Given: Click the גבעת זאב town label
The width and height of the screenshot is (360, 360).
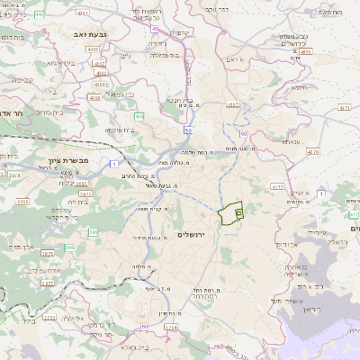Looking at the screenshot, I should point(80,32).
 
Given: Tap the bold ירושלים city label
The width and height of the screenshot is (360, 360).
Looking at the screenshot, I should point(192,235).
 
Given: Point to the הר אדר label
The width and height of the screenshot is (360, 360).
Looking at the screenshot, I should point(17,113).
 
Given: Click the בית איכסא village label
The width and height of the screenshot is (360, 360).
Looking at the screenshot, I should point(120,130).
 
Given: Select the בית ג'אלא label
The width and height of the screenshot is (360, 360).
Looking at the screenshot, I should point(129,346).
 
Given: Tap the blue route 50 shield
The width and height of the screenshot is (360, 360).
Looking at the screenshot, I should point(188,130).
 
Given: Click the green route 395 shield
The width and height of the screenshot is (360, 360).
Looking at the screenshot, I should point(94,233).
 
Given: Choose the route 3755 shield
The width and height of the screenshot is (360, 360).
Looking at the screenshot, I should point(49,317).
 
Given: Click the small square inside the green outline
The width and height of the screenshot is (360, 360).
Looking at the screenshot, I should point(238,212).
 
